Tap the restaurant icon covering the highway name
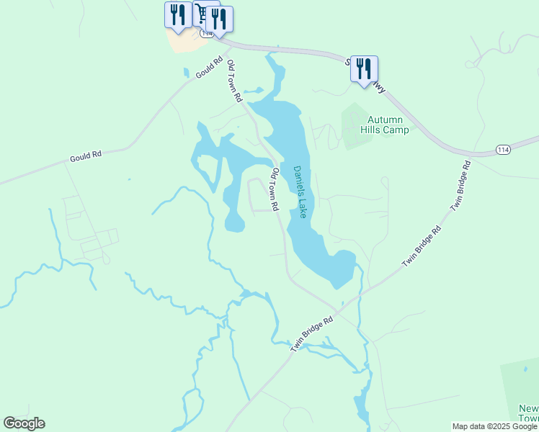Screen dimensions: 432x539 pyautogui.click(x=364, y=69)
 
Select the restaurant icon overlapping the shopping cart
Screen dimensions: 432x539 pyautogui.click(x=219, y=19)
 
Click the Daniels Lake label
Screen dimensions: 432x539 pyautogui.click(x=300, y=192)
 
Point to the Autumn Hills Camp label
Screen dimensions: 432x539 pyautogui.click(x=388, y=125)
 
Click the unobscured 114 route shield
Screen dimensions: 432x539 pyautogui.click(x=504, y=149)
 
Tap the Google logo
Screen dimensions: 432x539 pyautogui.click(x=24, y=423)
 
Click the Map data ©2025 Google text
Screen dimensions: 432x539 pyautogui.click(x=494, y=426)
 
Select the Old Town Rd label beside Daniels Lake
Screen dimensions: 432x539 pyautogui.click(x=274, y=189)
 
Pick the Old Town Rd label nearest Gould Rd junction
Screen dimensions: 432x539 pyautogui.click(x=234, y=81)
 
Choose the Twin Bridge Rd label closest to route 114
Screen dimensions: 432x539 pyautogui.click(x=461, y=185)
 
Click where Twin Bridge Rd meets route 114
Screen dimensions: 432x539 pyautogui.click(x=470, y=154)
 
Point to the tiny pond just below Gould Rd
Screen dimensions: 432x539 pyautogui.click(x=186, y=73)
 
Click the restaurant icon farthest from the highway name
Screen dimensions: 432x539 pyautogui.click(x=177, y=14)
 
